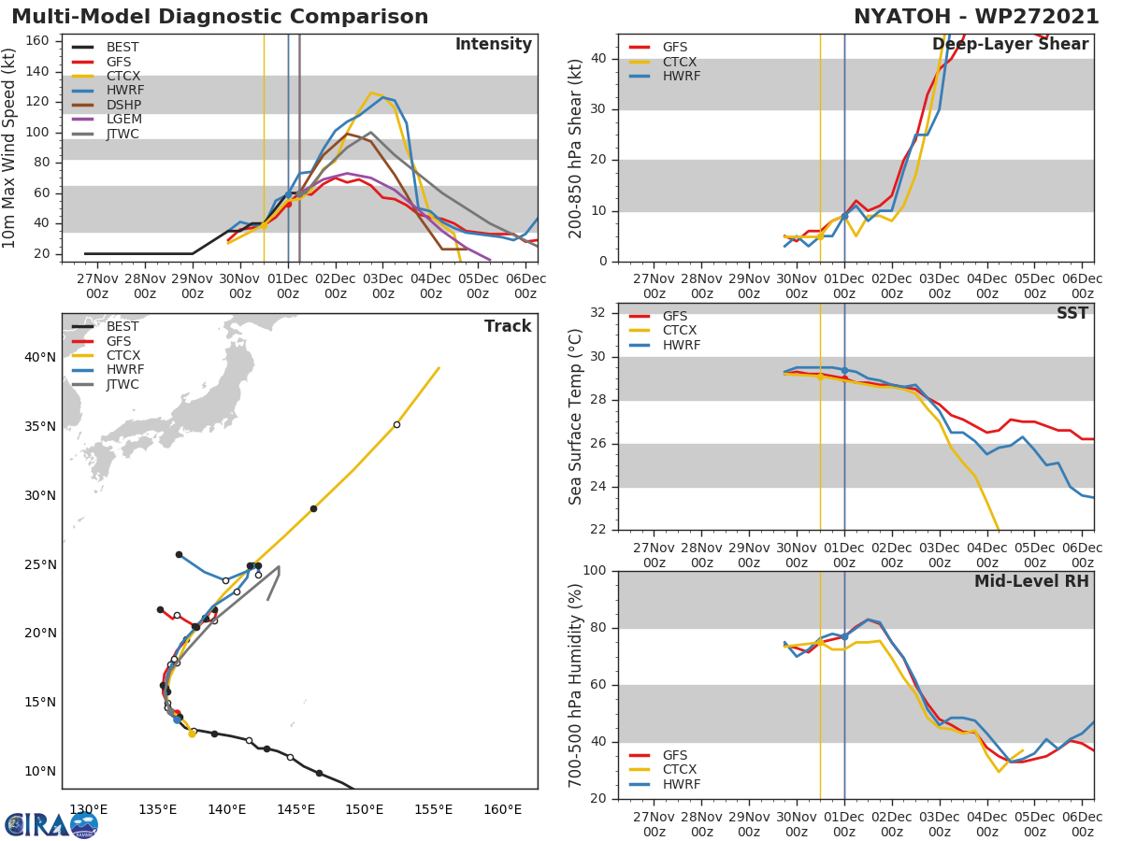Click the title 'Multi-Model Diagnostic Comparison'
coord(220,17)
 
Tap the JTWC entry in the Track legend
coord(122,385)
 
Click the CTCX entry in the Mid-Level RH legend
coord(679,769)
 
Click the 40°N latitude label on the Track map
coord(40,357)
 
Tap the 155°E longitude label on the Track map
coord(433,809)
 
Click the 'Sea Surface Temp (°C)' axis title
coord(576,416)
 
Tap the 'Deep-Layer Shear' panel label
coord(1010,45)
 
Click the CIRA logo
coord(51,824)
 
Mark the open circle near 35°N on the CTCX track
coord(396,424)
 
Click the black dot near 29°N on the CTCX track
coord(313,508)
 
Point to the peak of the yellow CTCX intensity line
coord(371,93)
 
